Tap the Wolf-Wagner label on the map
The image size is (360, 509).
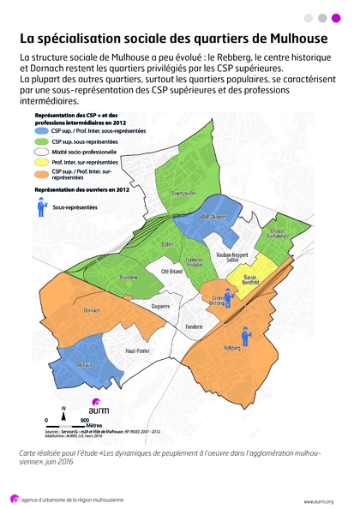tap(212, 217)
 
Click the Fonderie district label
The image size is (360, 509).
tap(194, 326)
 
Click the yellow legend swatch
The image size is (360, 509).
tap(42, 162)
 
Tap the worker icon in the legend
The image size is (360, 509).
tap(40, 206)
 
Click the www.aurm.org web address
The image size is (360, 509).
tap(318, 501)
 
